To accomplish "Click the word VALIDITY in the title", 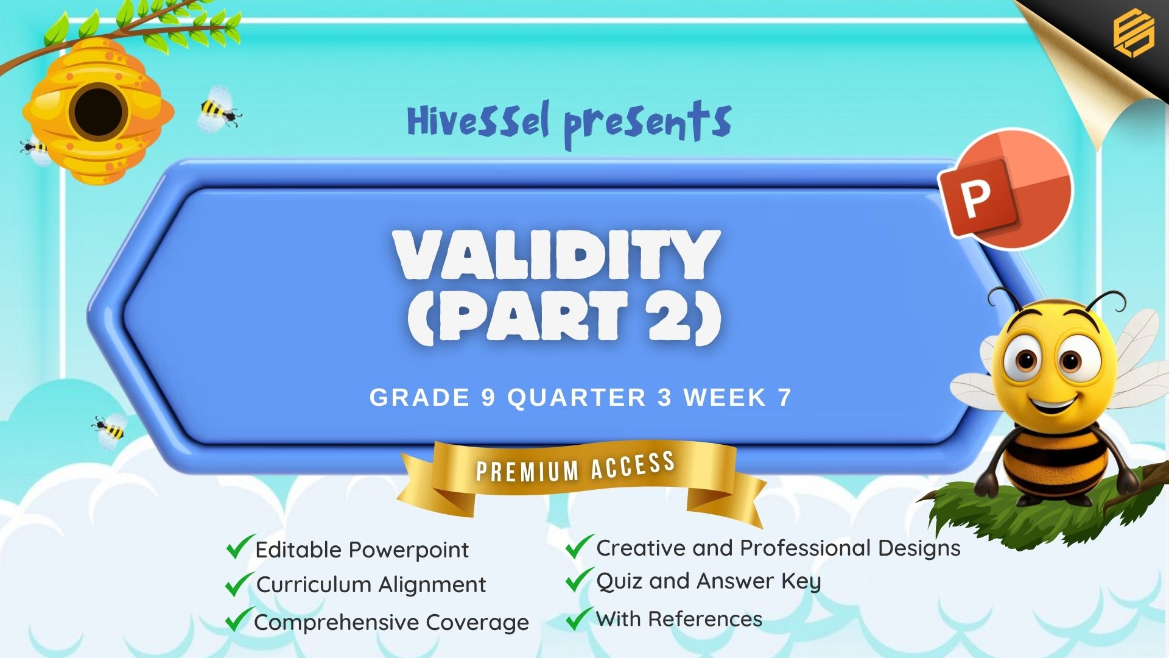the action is pyautogui.click(x=556, y=255).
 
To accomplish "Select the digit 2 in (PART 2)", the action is pyautogui.click(x=669, y=316).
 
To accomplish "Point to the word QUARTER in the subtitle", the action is pyautogui.click(x=577, y=398).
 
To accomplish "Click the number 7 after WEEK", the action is pyautogui.click(x=784, y=398).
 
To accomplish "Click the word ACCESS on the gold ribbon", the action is pyautogui.click(x=633, y=465).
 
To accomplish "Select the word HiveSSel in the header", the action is pyautogui.click(x=478, y=121).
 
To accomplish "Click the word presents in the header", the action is pyautogui.click(x=647, y=124).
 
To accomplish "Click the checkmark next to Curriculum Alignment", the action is pyautogui.click(x=239, y=584).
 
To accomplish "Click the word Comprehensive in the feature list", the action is pyautogui.click(x=337, y=623).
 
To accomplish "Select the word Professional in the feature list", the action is pyautogui.click(x=806, y=548).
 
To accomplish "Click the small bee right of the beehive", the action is pyautogui.click(x=219, y=110).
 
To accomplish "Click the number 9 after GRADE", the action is pyautogui.click(x=488, y=398).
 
